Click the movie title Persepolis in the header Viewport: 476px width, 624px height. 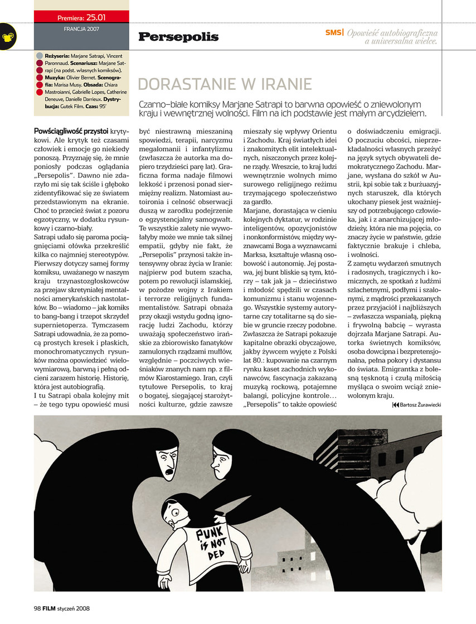coord(178,37)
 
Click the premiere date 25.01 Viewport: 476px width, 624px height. coord(96,17)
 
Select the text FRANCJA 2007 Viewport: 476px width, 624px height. coord(81,28)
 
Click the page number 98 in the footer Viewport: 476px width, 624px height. coord(37,608)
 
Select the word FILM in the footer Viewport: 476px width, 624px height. coord(52,608)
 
